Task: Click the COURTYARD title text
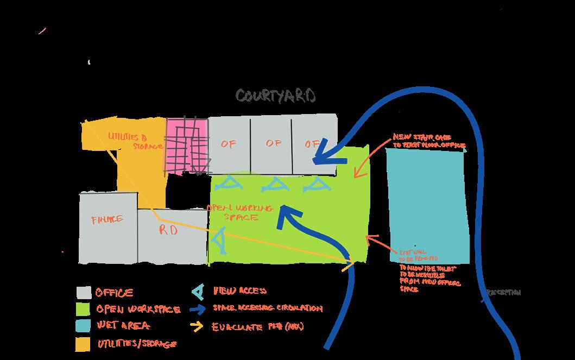(x=275, y=96)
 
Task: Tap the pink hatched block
(x=187, y=146)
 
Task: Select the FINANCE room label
(x=107, y=220)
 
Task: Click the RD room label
(x=168, y=230)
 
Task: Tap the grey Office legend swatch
(x=83, y=293)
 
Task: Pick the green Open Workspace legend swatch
(x=83, y=309)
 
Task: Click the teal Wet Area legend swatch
(x=83, y=326)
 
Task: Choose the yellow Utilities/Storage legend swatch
(x=83, y=343)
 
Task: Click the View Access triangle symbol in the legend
(x=199, y=292)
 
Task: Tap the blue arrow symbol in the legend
(x=199, y=309)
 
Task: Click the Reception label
(x=503, y=293)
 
